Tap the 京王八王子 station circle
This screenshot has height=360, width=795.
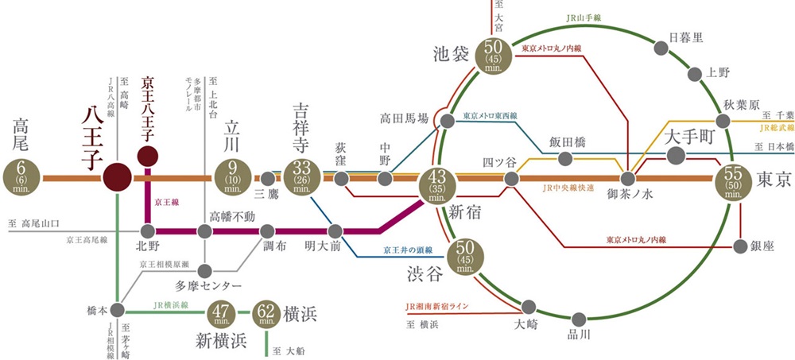pyautogui.click(x=147, y=155)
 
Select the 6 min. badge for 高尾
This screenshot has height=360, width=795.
pyautogui.click(x=21, y=177)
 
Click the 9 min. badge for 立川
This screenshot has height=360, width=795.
pyautogui.click(x=233, y=177)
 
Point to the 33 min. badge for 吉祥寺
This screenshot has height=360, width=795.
pyautogui.click(x=302, y=177)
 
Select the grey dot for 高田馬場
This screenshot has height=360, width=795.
pyautogui.click(x=448, y=120)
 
